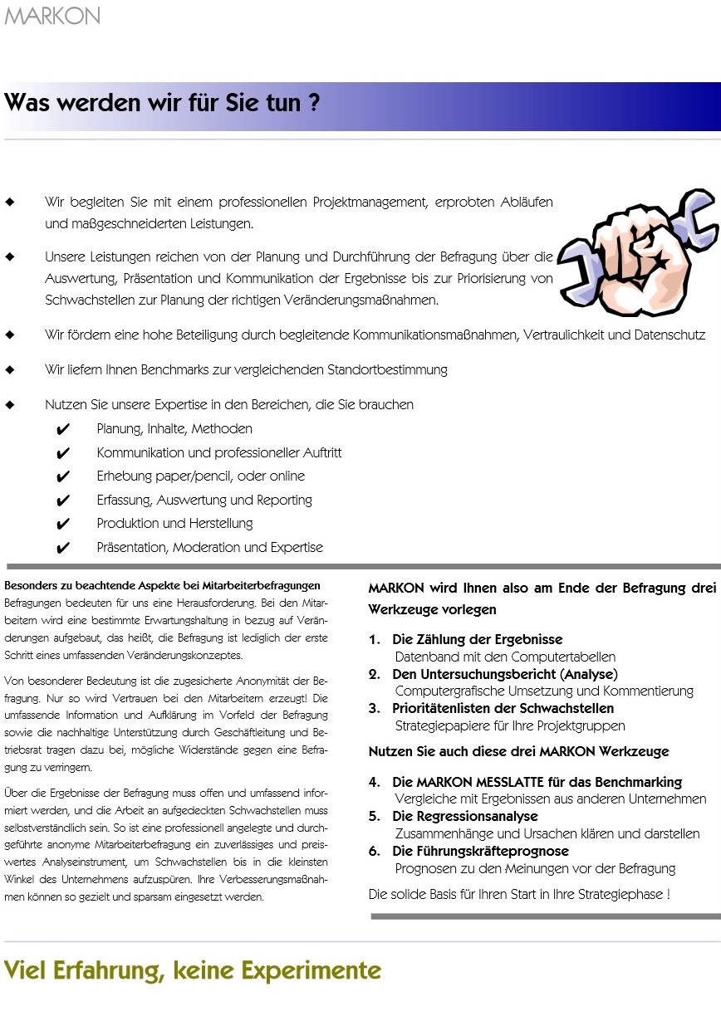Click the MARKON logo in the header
[52, 16]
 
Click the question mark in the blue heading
[314, 105]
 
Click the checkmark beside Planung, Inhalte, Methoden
[61, 430]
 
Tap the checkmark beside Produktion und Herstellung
[61, 525]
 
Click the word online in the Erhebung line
[287, 476]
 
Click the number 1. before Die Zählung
[375, 640]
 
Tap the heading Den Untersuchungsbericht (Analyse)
[505, 674]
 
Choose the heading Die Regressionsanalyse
[465, 816]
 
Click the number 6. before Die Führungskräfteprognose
[375, 851]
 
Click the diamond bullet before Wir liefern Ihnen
[10, 370]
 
